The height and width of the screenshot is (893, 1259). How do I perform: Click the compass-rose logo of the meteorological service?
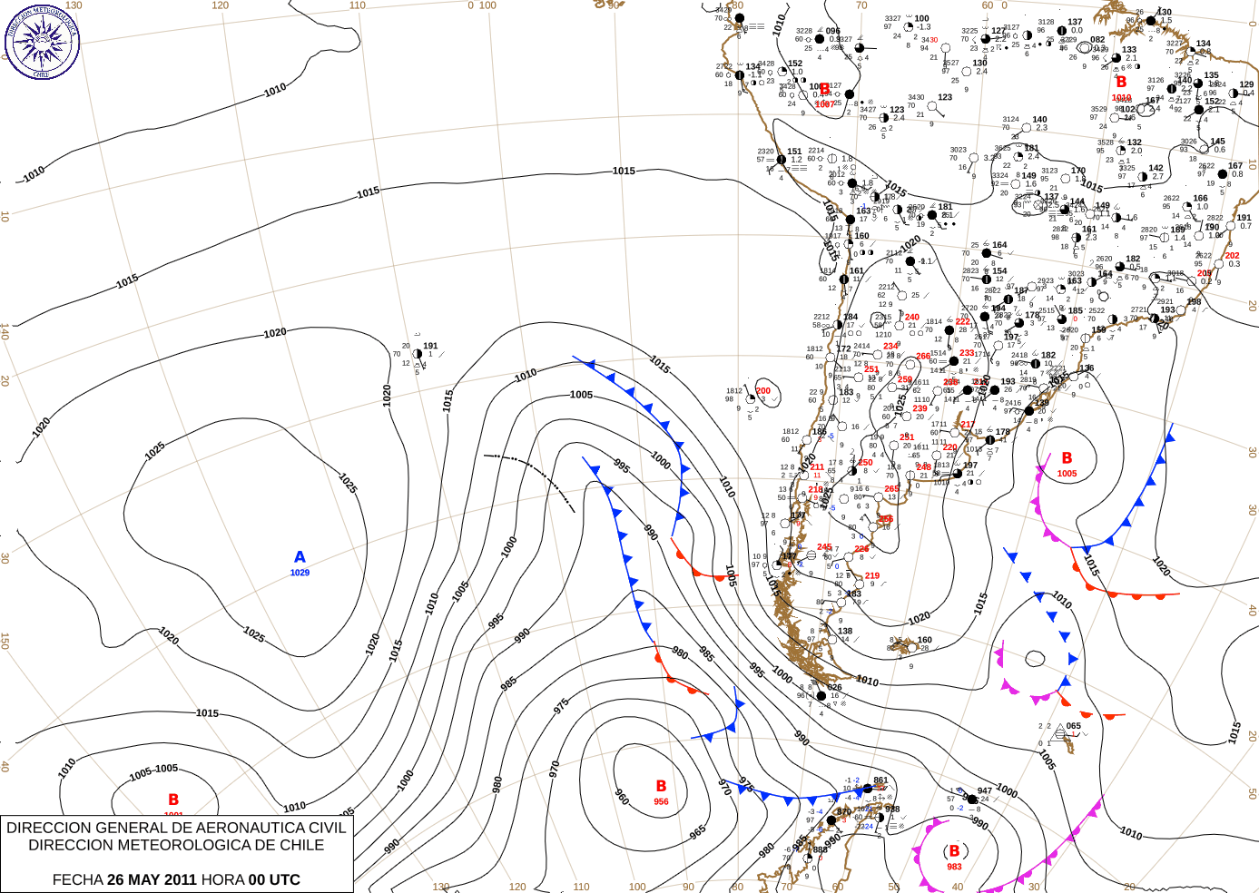(x=42, y=41)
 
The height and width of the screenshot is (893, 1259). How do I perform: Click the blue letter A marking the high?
(x=300, y=557)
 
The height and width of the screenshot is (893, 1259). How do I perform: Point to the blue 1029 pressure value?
(x=300, y=573)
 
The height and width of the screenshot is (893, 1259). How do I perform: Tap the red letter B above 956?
(x=661, y=786)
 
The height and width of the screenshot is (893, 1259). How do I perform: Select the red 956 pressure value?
(x=661, y=801)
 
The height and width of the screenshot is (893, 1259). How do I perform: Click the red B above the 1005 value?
(x=1067, y=458)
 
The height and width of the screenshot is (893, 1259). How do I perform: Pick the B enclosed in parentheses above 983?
(x=954, y=851)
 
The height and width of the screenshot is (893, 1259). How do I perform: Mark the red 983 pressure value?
(x=954, y=867)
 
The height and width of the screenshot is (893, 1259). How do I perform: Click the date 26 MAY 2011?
(x=152, y=879)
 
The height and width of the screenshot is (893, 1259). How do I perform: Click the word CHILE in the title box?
(x=300, y=845)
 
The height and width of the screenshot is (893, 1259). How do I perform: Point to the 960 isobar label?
(x=622, y=797)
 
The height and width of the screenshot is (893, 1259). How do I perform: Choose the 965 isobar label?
(x=697, y=832)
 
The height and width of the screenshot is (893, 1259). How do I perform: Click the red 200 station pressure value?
(x=763, y=391)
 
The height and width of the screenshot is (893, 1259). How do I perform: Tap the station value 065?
(x=1074, y=726)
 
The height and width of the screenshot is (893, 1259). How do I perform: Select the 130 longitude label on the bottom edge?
(x=441, y=887)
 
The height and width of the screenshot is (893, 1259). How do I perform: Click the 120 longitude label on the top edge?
(x=220, y=5)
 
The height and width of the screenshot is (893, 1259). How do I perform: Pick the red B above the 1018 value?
(x=1121, y=83)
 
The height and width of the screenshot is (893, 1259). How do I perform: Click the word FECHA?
(x=77, y=879)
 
